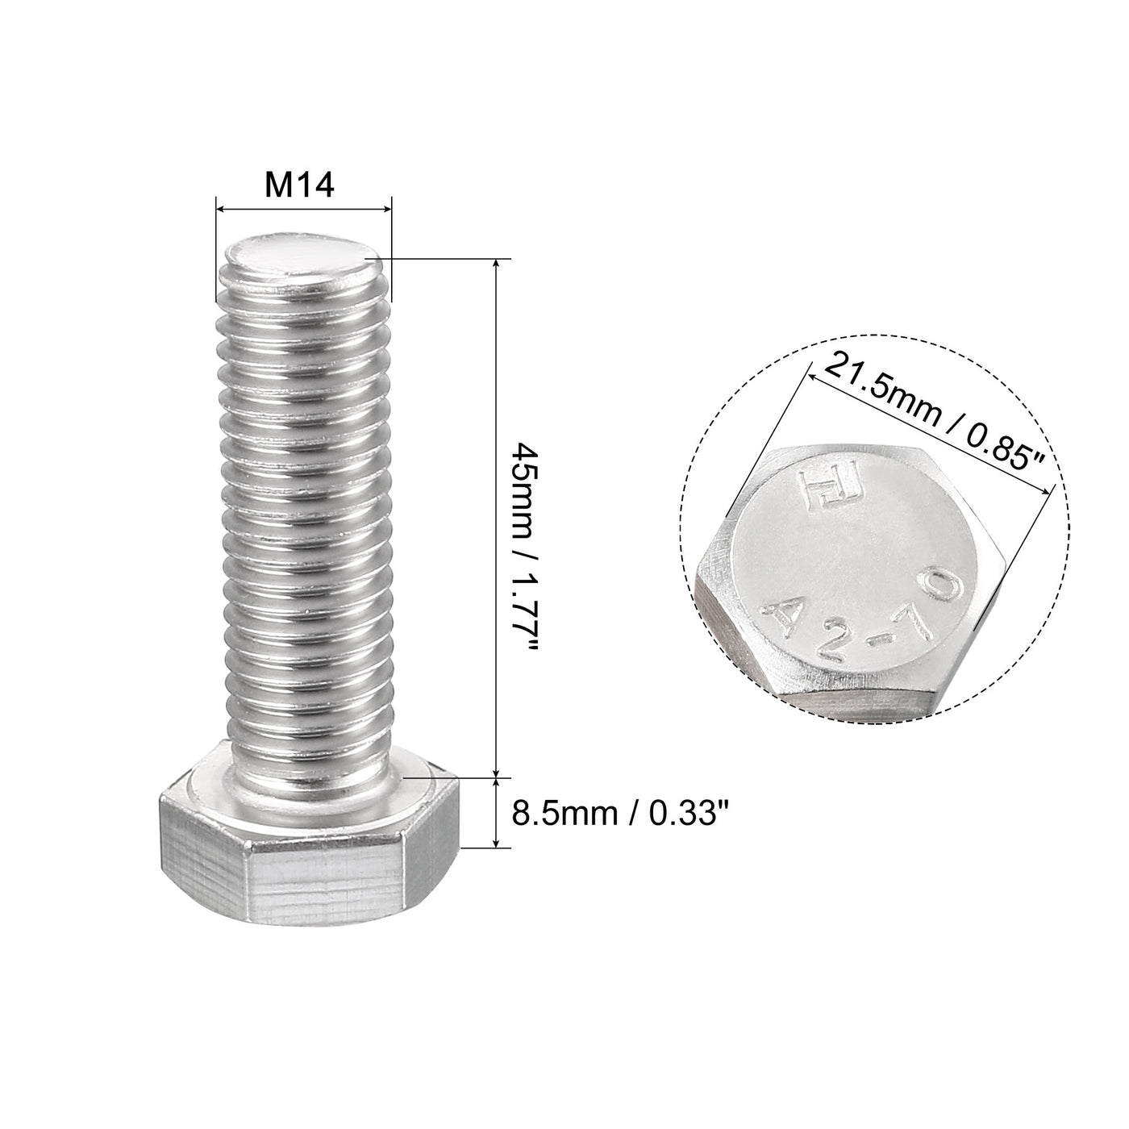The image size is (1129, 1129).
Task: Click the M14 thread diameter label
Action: pos(299,187)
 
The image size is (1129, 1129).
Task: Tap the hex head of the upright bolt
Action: pos(308,839)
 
